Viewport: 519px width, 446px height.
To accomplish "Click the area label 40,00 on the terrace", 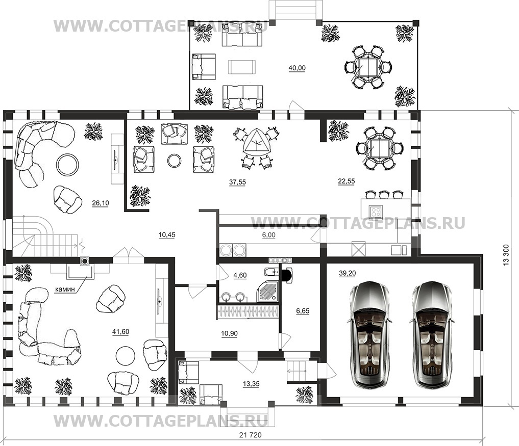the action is [297, 68].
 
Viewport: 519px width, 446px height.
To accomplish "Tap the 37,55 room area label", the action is [237, 182].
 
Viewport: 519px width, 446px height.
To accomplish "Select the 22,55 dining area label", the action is [346, 181].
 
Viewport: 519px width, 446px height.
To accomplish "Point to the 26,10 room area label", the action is [101, 203].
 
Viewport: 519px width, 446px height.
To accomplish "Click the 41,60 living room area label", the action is [120, 332].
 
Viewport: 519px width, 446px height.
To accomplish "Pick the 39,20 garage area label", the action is [347, 273].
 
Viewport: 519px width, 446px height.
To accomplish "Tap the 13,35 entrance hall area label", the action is [251, 384].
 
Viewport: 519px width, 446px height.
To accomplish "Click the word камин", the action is [64, 290].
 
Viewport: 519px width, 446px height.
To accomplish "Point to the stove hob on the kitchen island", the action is [376, 211].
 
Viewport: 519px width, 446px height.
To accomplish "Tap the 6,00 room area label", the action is [268, 235].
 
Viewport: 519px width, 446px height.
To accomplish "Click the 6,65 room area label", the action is [303, 311].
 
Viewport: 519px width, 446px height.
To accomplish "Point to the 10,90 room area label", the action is [229, 333].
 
